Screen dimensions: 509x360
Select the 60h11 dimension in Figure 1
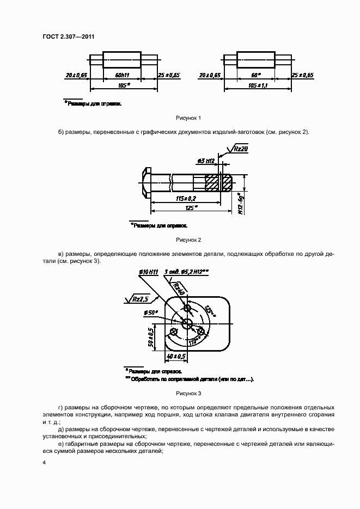[x=121, y=74]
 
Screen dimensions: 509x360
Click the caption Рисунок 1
[x=188, y=118]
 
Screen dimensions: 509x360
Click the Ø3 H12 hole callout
[x=205, y=161]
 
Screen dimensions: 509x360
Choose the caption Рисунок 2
[x=188, y=240]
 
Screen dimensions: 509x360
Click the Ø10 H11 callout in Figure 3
[x=148, y=272]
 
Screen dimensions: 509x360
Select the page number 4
[x=45, y=463]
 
